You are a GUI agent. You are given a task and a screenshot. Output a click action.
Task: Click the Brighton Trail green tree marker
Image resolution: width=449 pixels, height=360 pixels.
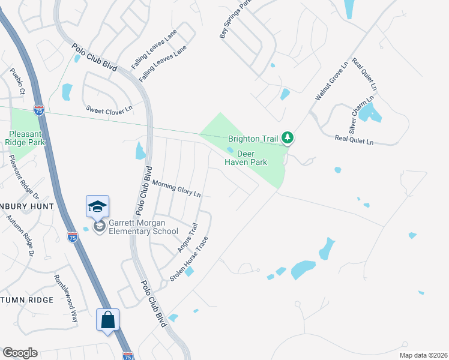click(288, 139)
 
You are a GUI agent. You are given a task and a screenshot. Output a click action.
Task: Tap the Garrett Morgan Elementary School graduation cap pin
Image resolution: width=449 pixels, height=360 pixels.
click(97, 207)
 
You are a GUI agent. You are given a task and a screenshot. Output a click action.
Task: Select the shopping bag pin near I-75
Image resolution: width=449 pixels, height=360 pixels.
click(108, 319)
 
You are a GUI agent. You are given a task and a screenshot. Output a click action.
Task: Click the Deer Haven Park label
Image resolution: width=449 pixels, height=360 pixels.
click(245, 157)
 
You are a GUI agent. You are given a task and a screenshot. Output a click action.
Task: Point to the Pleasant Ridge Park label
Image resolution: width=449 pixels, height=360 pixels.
click(26, 137)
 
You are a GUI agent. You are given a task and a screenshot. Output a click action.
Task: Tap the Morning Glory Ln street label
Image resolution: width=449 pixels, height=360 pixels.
click(176, 189)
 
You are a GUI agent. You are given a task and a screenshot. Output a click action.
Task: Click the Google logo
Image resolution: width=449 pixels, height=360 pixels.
click(20, 353)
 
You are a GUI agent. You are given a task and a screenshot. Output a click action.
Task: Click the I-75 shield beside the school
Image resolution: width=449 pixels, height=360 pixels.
click(72, 236)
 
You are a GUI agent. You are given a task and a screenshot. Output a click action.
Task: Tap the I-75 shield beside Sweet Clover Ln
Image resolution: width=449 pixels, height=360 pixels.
click(39, 110)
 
